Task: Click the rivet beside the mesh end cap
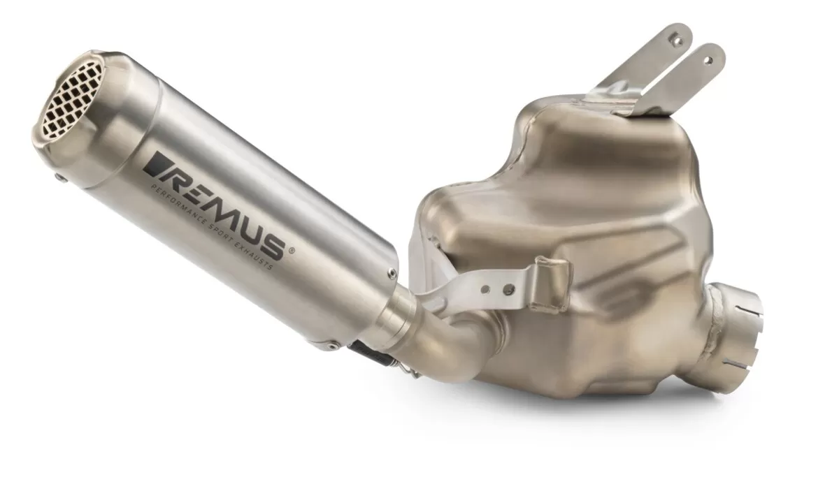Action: pyautogui.click(x=62, y=179)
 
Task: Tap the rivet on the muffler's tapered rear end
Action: pyautogui.click(x=392, y=272)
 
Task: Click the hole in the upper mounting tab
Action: pyautogui.click(x=676, y=40)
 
